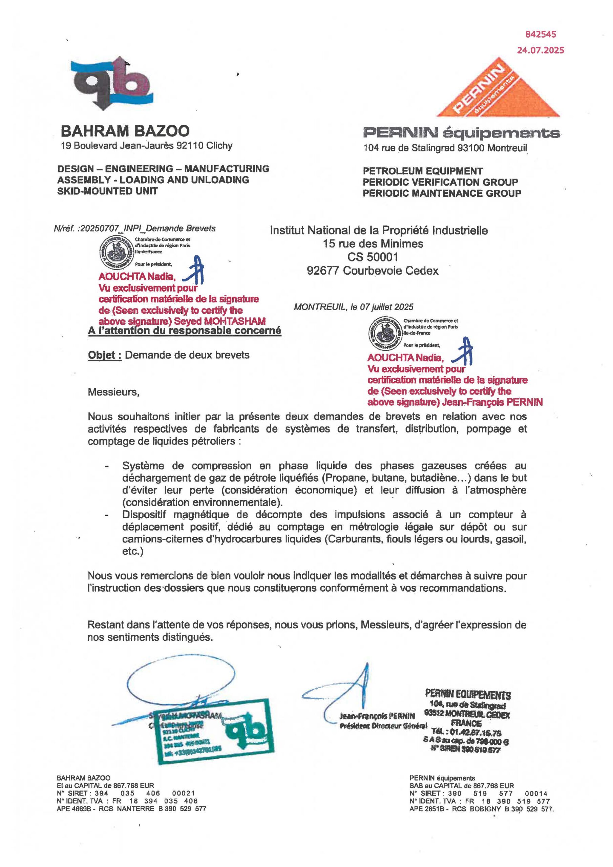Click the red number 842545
tap(541, 34)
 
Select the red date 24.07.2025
tap(541, 50)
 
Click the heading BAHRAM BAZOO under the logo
tap(125, 131)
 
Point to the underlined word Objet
tap(104, 355)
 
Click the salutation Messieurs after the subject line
tap(113, 392)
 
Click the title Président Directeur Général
tap(383, 726)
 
